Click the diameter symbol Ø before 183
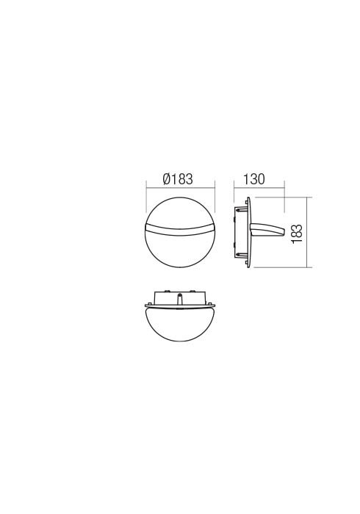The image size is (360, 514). click(166, 179)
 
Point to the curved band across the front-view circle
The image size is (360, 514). click(180, 231)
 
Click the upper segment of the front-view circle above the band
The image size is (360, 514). click(180, 214)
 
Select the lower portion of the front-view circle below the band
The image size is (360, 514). click(180, 250)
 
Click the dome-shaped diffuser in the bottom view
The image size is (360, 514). click(180, 323)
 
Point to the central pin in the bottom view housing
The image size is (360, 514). click(180, 298)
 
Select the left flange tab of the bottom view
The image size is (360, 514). click(148, 305)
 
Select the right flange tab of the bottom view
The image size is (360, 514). click(212, 305)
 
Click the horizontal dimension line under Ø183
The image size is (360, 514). click(180, 188)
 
